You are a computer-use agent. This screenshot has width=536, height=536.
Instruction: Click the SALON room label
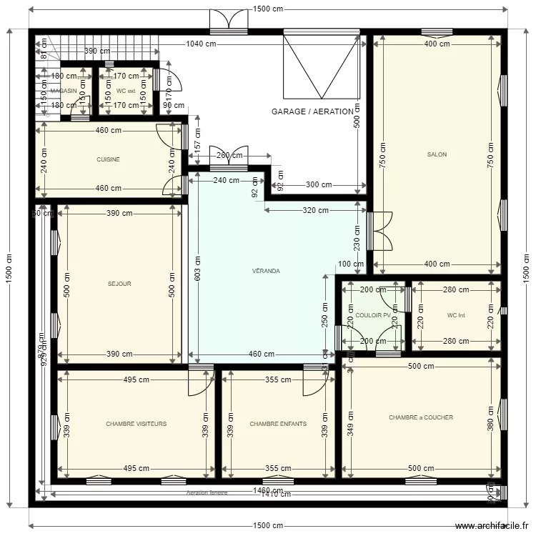tap(437, 154)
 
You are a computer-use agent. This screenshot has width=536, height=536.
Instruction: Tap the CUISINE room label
tap(108, 159)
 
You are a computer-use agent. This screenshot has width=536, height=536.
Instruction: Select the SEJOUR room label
tap(119, 284)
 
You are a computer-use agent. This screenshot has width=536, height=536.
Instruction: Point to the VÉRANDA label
tap(266, 271)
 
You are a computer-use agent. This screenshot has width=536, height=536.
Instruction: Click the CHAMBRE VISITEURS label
tap(136, 424)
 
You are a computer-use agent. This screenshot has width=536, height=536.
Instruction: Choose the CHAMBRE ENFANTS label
tap(278, 424)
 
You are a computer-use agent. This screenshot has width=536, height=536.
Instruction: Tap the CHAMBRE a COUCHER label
tap(421, 417)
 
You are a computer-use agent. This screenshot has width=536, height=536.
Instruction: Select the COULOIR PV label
tap(372, 315)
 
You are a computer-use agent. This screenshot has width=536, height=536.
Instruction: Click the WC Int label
tap(456, 315)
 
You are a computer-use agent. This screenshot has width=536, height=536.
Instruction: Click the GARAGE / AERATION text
tap(312, 111)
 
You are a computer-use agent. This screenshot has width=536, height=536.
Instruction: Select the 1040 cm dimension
tap(201, 44)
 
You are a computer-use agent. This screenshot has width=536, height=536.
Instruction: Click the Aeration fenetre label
tap(207, 493)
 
